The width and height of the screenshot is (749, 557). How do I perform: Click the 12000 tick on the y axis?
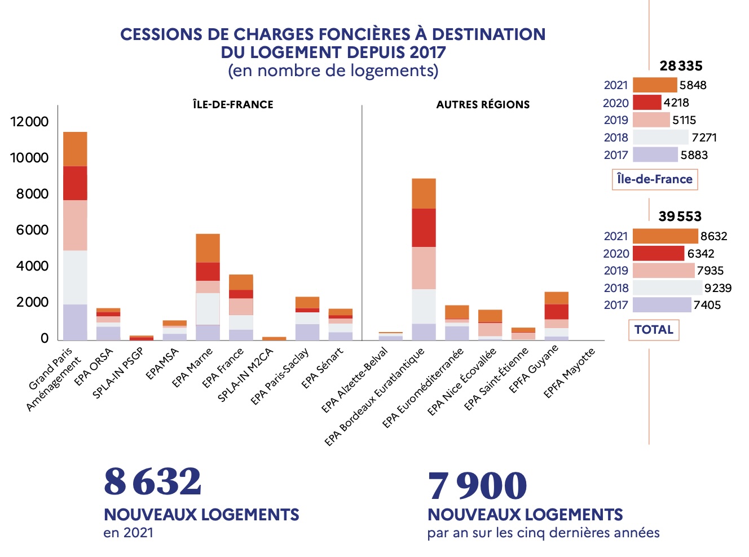click(x=29, y=122)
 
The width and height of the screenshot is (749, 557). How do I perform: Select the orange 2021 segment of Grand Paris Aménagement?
click(x=75, y=149)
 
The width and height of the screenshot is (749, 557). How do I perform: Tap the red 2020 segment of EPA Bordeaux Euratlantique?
click(x=424, y=228)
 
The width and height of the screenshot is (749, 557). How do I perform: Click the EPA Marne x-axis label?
click(x=193, y=368)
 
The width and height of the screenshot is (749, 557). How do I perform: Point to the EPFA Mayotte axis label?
click(x=570, y=373)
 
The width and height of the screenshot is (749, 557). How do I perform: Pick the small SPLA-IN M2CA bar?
click(x=274, y=338)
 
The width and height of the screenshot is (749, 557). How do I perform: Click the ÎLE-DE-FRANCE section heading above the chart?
click(x=233, y=104)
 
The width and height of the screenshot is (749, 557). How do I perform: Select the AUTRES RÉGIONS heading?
click(x=483, y=104)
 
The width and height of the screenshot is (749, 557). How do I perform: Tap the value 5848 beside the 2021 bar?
click(x=693, y=85)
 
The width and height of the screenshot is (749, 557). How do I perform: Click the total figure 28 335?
click(x=681, y=66)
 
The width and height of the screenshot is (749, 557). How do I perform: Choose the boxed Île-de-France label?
click(x=654, y=179)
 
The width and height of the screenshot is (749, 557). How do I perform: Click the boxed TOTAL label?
click(x=654, y=330)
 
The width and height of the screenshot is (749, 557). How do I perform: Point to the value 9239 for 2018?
click(x=717, y=288)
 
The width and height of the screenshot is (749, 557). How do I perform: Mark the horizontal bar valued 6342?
click(x=658, y=253)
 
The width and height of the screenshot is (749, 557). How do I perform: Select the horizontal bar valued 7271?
click(x=660, y=138)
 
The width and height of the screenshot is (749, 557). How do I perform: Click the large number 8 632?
click(x=152, y=482)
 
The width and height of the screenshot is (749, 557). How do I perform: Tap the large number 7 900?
click(x=477, y=486)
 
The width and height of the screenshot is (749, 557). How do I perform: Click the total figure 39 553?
click(x=680, y=216)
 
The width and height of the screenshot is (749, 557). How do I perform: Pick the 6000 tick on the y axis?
click(x=29, y=230)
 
